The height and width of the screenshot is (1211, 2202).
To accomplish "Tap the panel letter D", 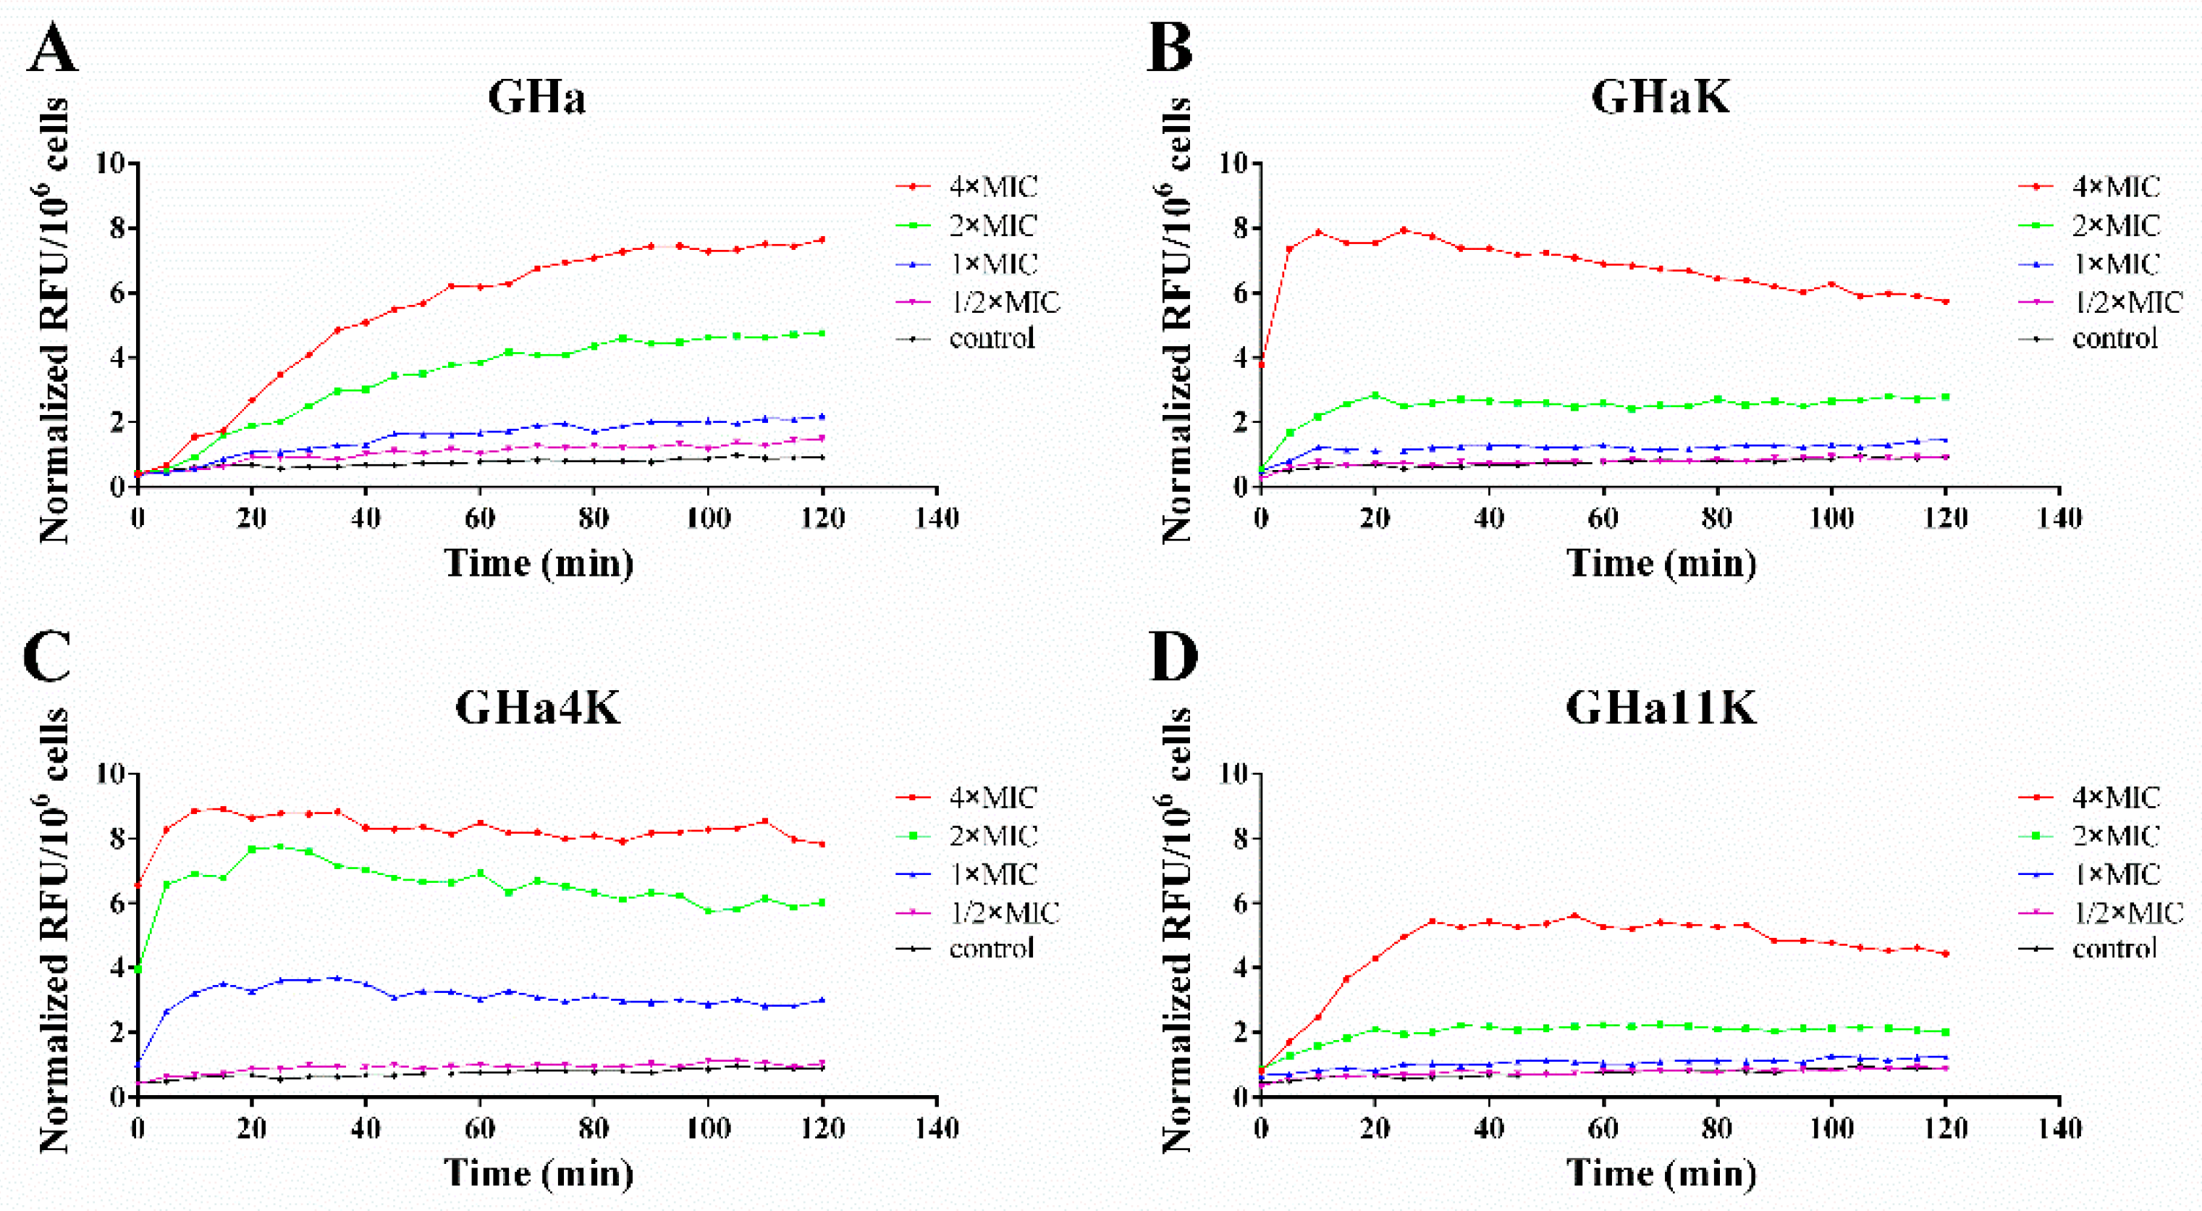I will (1173, 657).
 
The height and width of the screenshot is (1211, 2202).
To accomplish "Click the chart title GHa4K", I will (537, 708).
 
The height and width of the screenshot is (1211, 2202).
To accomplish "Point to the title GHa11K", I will (1660, 708).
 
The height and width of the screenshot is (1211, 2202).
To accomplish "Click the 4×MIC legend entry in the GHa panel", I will (992, 186).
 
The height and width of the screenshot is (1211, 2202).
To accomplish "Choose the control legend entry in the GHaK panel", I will (2115, 339).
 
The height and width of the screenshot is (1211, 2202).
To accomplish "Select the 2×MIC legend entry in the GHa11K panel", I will (2115, 836).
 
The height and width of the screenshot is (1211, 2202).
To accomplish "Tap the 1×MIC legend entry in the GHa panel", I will (992, 264).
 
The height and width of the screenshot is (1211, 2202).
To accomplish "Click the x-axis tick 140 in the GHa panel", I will (937, 519).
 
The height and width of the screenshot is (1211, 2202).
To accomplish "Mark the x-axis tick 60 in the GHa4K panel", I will (479, 1129).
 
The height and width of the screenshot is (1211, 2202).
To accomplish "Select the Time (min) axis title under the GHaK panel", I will (1660, 563).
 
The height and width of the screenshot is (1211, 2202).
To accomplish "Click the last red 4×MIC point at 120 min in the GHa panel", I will (822, 240).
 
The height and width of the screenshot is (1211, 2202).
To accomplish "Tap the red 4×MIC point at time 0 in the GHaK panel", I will (1261, 365).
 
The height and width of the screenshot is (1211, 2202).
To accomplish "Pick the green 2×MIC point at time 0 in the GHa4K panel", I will (138, 969).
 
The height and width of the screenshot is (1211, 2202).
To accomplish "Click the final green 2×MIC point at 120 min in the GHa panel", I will (822, 332).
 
